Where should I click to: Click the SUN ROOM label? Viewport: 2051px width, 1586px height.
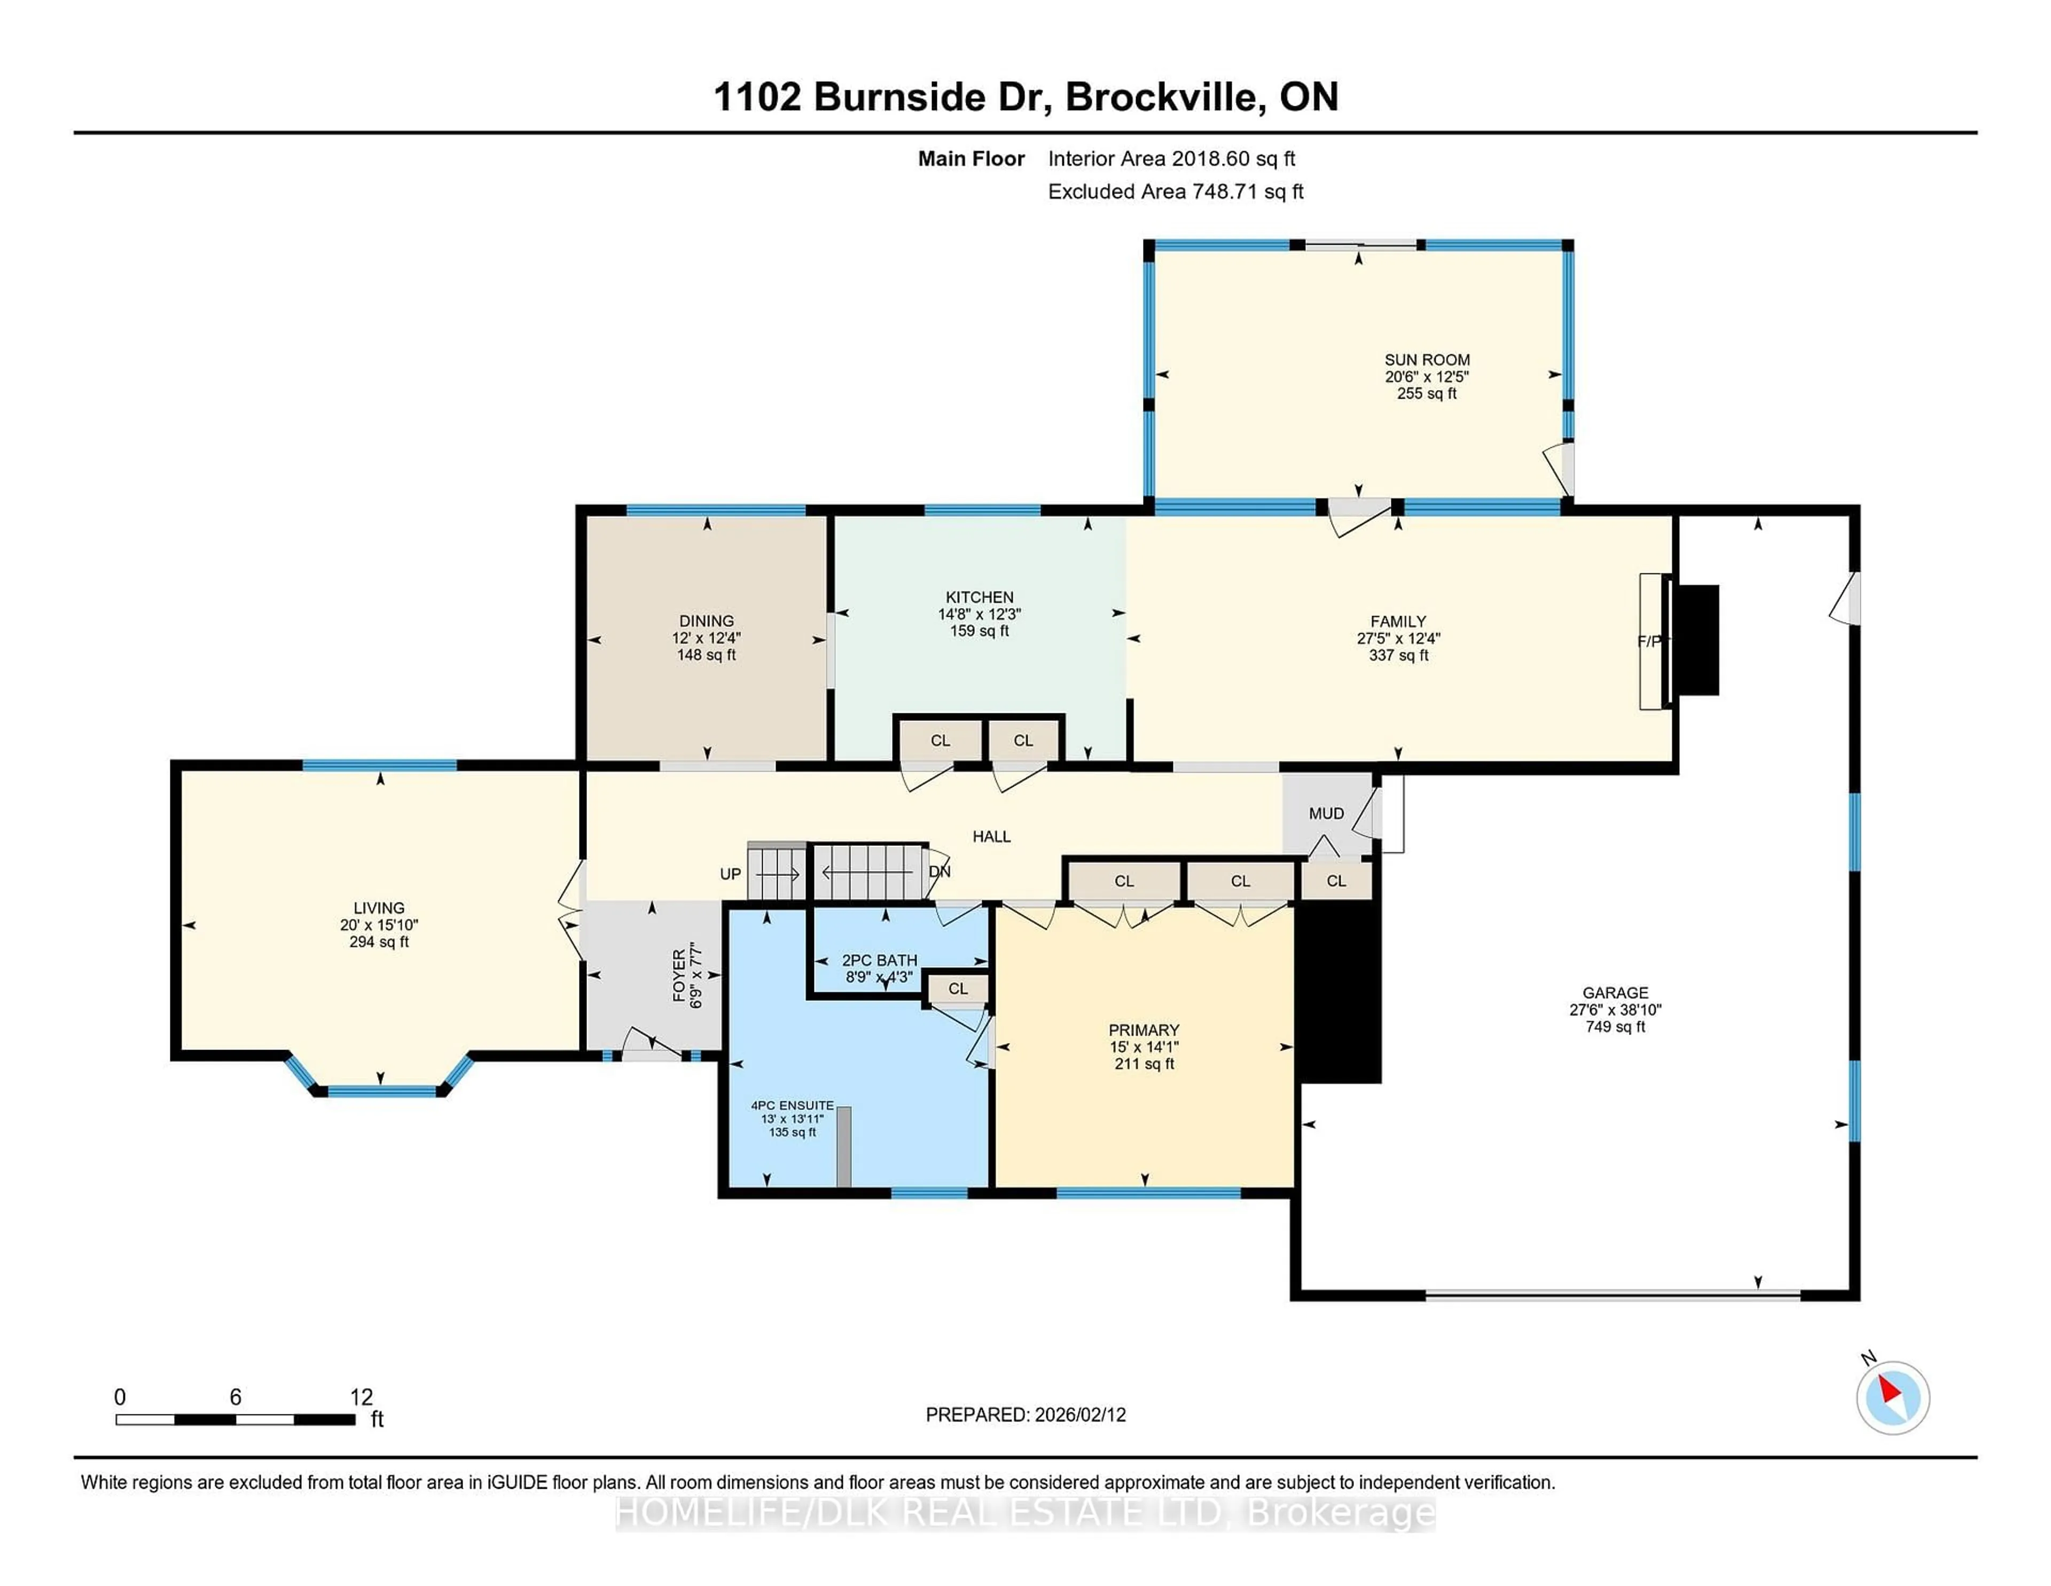1427,360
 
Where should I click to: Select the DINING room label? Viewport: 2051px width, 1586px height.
706,621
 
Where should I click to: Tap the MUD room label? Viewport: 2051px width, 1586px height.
1326,814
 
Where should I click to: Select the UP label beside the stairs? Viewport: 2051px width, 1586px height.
731,874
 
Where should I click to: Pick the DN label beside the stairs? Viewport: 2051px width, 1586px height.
939,872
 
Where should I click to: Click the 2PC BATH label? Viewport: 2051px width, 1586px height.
879,960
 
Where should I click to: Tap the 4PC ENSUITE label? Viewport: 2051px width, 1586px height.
792,1106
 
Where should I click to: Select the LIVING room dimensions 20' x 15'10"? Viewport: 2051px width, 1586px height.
379,926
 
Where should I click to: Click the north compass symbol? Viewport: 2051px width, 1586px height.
1892,1397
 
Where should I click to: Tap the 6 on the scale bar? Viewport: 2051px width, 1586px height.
236,1397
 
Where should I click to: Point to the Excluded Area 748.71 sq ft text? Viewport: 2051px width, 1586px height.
1175,192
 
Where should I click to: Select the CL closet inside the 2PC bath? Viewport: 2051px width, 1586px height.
957,989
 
